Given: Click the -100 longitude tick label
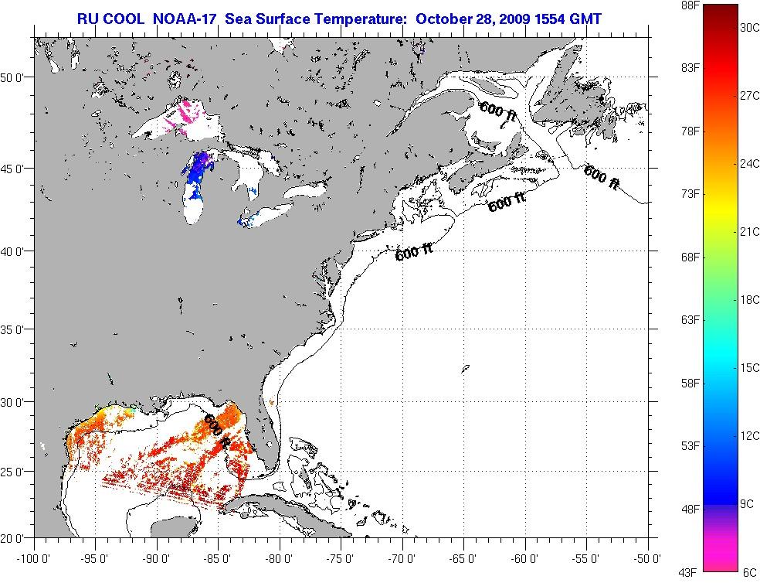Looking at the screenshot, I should [x=34, y=558].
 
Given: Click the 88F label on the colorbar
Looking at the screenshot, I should [x=690, y=5].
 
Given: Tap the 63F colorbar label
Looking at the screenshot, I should [x=690, y=319].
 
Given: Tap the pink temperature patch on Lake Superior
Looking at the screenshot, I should [x=188, y=113].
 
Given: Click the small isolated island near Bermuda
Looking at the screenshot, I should [x=466, y=369].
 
